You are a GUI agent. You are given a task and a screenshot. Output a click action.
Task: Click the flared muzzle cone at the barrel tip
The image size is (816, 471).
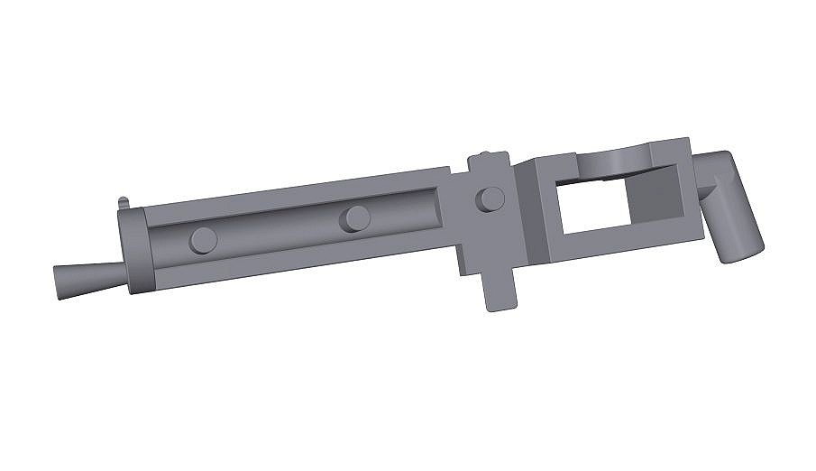84,282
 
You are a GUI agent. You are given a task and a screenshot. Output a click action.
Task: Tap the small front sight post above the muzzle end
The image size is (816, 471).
123,202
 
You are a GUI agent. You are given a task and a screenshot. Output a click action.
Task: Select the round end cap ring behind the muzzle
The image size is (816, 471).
136,251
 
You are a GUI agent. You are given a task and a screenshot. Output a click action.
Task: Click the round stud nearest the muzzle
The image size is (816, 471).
205,240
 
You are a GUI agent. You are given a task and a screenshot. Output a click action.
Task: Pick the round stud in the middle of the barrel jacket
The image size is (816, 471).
357,217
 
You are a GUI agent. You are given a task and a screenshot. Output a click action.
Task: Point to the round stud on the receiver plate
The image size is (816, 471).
490,198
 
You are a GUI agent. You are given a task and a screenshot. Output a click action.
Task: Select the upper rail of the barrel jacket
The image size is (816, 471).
298,192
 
